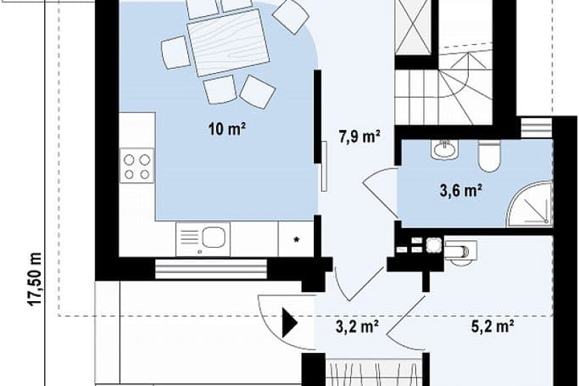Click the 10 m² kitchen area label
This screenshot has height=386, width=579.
click(x=227, y=129)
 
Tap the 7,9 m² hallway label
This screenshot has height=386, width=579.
click(x=360, y=136)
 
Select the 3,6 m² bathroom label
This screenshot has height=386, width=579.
click(x=461, y=191)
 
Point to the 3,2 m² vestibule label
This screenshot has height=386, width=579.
click(x=357, y=326)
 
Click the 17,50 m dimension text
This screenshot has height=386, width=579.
click(x=35, y=279)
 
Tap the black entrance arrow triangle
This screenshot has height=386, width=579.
click(x=290, y=324)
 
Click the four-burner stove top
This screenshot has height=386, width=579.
click(x=137, y=166)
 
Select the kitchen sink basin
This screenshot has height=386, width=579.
click(x=214, y=237)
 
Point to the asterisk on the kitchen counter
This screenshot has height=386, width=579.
click(x=296, y=239)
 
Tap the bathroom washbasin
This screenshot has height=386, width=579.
click(x=444, y=149)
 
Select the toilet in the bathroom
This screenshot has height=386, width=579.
click(x=489, y=156)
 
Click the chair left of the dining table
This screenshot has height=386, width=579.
click(x=175, y=52)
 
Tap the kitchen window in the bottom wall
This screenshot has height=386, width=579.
click(x=211, y=269)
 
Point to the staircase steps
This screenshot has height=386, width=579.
click(x=444, y=88)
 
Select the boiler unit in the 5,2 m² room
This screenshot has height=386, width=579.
click(x=460, y=251)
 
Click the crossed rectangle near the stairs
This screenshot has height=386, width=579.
click(x=413, y=27)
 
